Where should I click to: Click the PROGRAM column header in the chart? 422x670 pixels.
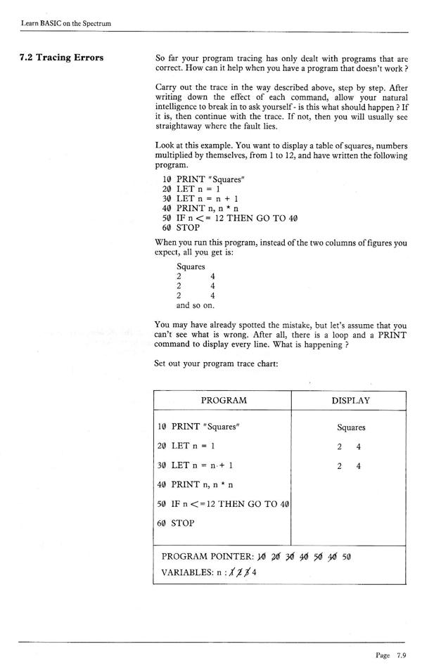click(224, 400)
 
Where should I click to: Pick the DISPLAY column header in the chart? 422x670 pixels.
click(351, 400)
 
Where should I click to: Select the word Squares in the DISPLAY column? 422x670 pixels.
click(351, 427)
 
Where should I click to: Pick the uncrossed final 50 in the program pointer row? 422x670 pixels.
click(345, 557)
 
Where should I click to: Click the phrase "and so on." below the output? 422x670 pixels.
click(196, 306)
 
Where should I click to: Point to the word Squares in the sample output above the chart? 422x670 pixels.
click(191, 266)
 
